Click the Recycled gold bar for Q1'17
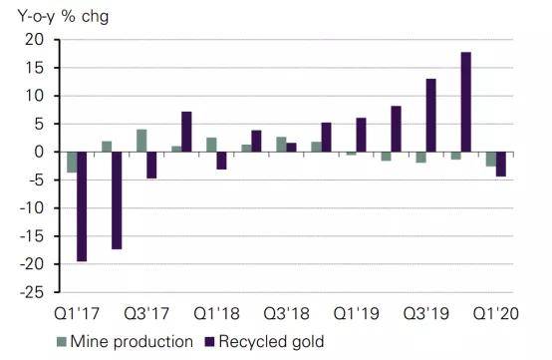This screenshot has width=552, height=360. pos(82,206)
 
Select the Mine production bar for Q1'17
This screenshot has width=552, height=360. pos(72,162)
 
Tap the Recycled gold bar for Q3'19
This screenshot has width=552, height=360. pos(430,116)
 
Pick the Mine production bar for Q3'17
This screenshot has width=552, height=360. pos(141,141)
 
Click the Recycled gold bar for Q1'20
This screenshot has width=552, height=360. pos(500,165)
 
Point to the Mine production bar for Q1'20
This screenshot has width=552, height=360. pos(491,159)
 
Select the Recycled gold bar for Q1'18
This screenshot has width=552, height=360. pos(221,161)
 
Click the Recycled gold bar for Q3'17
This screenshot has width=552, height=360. pos(151,166)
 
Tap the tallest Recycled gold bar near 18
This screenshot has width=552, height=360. pos(465,102)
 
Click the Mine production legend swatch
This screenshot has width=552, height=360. pos(62,341)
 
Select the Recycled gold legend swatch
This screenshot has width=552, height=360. pos(210,341)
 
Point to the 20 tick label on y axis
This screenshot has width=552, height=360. pos(35,40)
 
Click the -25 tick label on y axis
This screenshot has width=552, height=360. pos(33,292)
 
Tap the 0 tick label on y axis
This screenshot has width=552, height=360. pos(39,152)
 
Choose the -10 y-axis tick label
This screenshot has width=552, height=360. pos(33,207)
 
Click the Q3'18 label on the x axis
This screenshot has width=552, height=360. pos(287,313)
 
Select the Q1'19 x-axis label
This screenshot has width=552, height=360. pos(357,313)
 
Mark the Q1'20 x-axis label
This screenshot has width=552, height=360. pos(496,313)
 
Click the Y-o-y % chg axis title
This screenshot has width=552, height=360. pos(63,17)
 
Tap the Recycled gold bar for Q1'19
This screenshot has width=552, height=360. pos(361,135)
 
